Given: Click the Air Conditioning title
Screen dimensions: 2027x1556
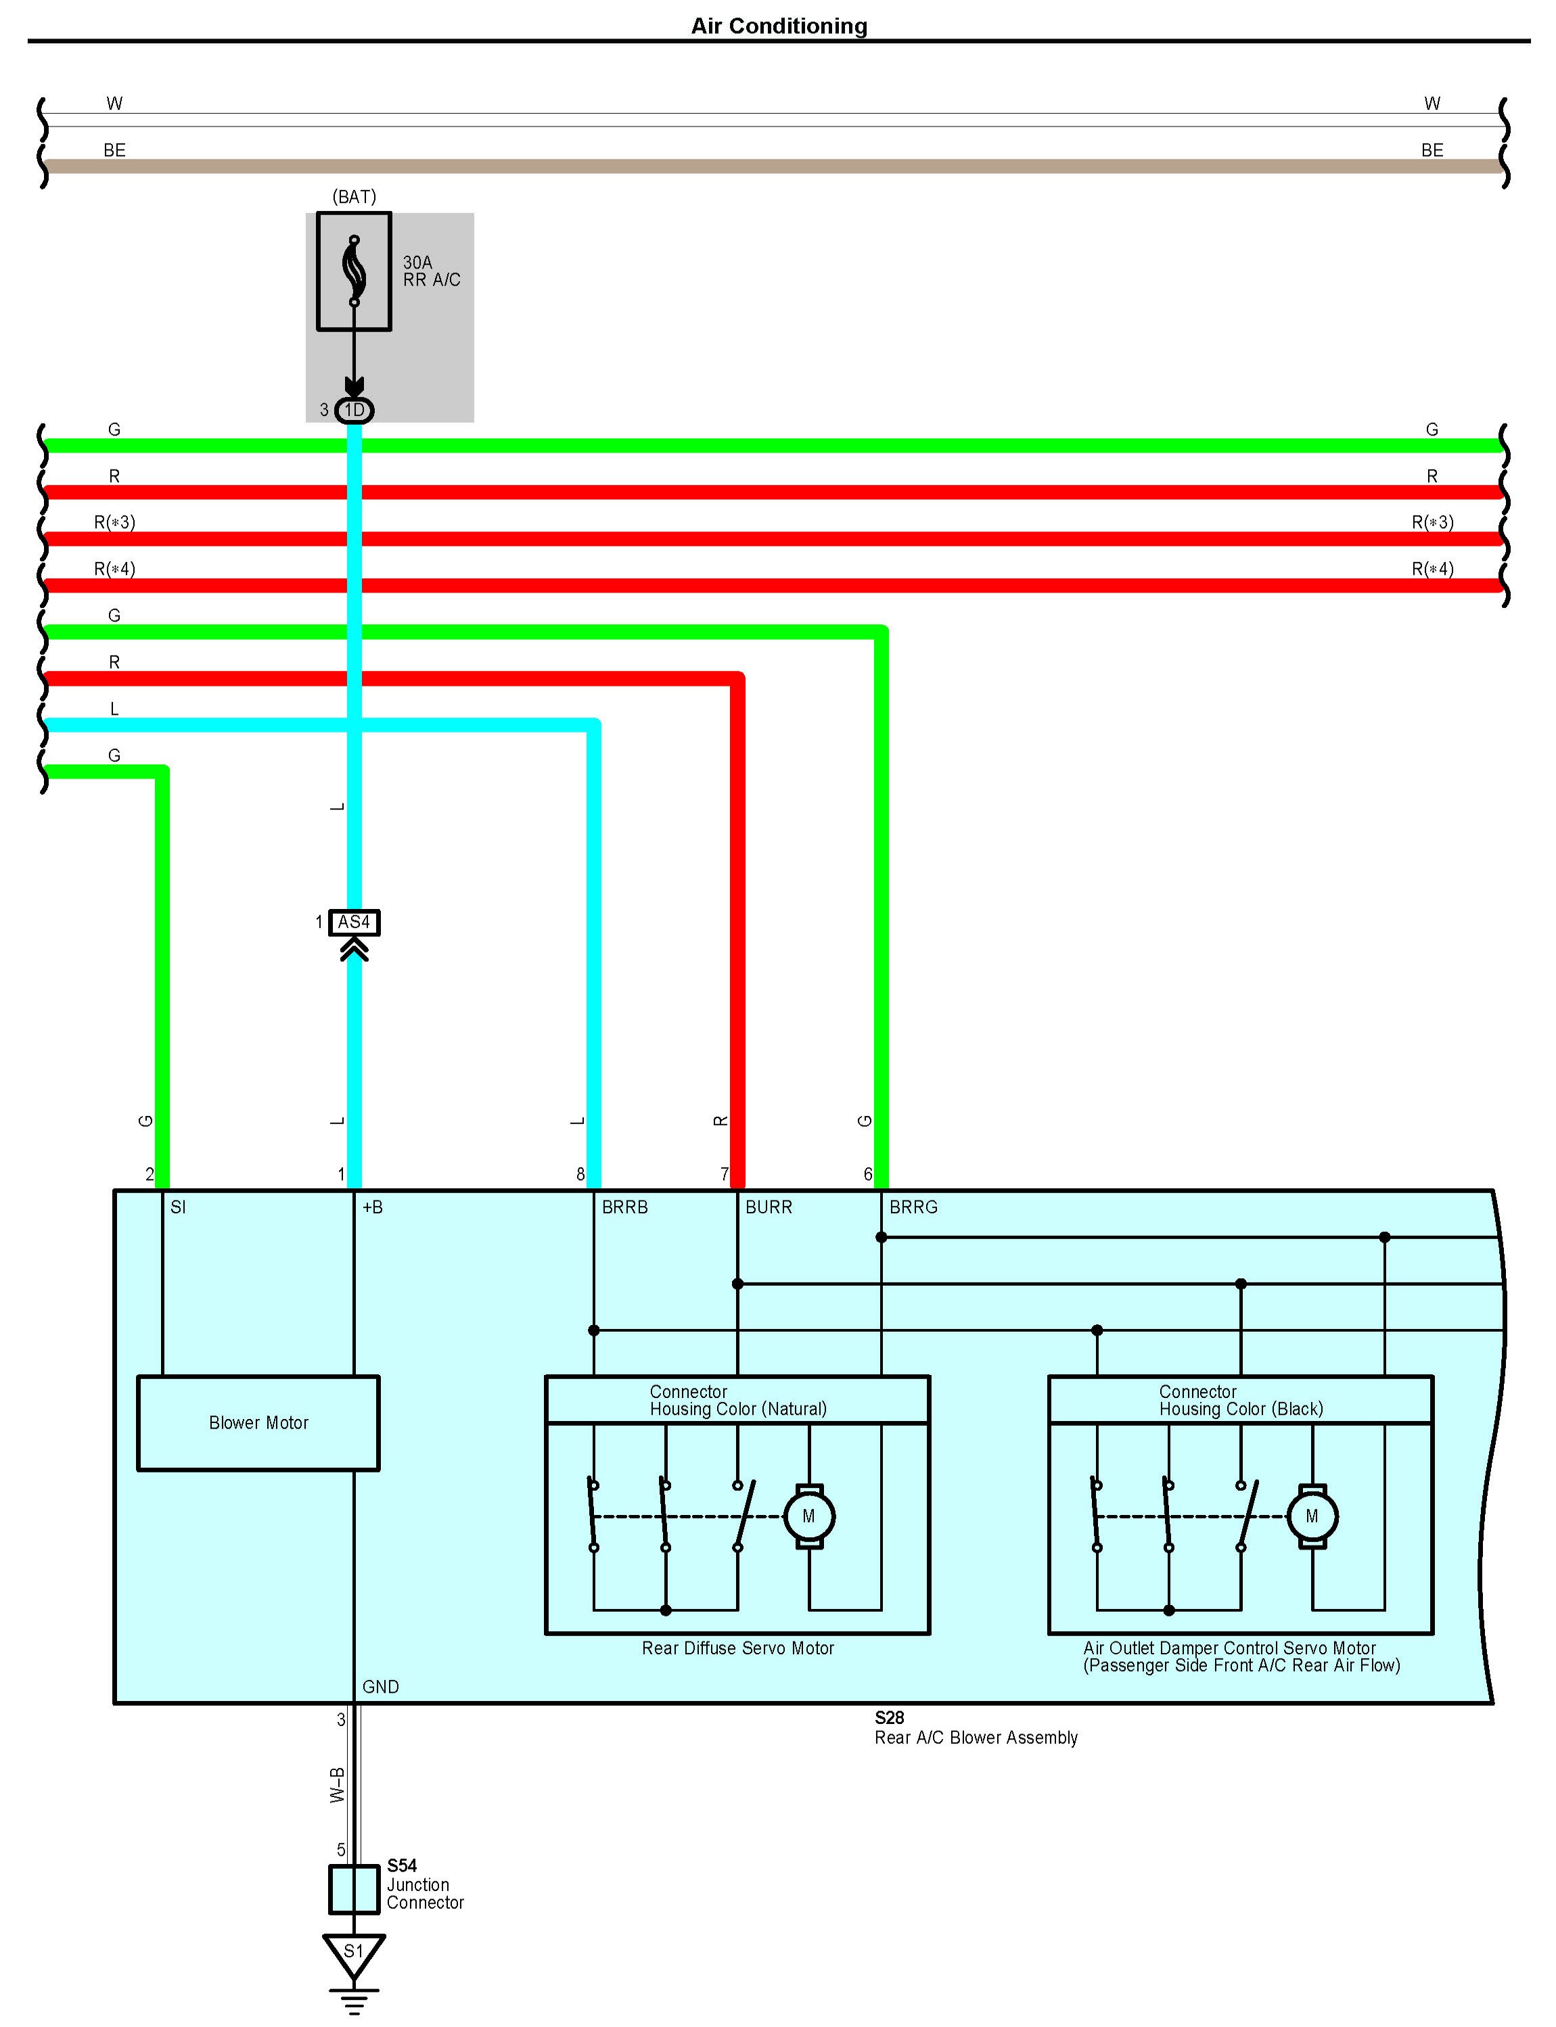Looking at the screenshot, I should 779,26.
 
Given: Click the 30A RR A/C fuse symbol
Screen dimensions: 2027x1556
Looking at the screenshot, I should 354,271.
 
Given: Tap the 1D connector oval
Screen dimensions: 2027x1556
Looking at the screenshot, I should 354,411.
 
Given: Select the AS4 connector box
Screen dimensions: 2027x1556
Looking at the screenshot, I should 354,923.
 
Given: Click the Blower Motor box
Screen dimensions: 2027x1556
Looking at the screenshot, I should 258,1422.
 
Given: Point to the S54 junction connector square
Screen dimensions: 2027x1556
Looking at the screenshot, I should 354,1889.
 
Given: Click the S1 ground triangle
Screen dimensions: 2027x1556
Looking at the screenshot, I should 354,1952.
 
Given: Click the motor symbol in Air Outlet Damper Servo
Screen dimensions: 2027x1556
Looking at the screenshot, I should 1312,1516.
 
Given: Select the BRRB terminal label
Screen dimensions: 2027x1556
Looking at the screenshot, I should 625,1207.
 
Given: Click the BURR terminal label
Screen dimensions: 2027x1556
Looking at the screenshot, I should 769,1207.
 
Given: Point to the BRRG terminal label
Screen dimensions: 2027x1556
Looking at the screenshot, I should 913,1207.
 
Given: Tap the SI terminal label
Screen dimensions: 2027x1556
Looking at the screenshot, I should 178,1207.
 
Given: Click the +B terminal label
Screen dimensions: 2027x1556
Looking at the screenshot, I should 372,1207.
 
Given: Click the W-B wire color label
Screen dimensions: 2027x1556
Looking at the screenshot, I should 337,1786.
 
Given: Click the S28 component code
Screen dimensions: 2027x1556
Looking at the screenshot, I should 889,1718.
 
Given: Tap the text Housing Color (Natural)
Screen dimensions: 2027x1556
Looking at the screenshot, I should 738,1409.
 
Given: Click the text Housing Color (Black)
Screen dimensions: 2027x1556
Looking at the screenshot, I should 1241,1409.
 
